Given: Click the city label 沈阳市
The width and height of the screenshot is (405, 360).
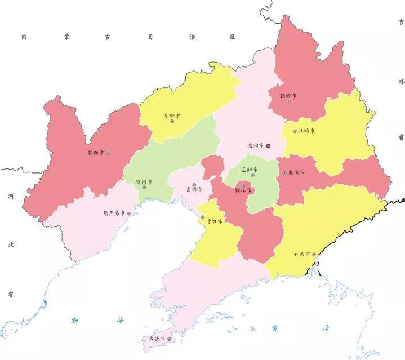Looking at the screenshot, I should tap(255, 145).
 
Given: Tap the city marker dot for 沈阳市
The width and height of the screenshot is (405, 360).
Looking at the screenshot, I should tap(269, 146).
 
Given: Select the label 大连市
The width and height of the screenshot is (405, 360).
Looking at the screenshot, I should tap(157, 339).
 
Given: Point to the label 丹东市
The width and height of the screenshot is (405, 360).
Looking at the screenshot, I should tap(302, 254).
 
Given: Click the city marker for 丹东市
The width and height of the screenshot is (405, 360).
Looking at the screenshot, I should tap(314, 255).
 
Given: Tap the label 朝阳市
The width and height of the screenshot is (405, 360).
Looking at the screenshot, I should tap(96, 152).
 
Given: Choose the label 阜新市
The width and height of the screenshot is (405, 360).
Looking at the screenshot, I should tap(172, 115).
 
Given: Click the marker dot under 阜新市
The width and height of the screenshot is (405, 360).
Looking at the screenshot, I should tap(172, 122).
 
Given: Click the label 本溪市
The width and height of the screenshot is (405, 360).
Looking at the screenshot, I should tap(296, 172).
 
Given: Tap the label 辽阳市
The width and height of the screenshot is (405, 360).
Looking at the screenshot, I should tap(250, 170).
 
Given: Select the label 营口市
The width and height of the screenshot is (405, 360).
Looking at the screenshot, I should tap(215, 221).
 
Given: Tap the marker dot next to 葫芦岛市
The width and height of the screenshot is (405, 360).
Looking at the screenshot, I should tap(129, 214).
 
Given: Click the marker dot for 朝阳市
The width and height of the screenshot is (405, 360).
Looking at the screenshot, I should tap(108, 153).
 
